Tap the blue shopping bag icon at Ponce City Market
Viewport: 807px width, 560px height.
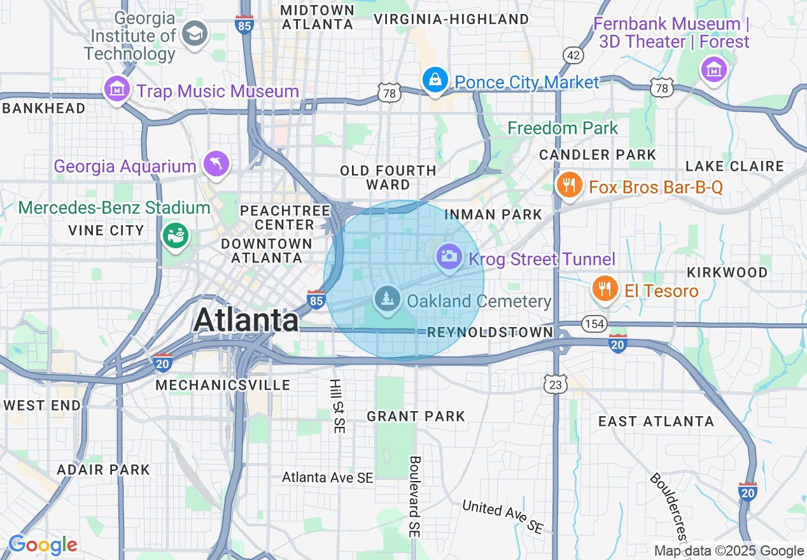point(434,81)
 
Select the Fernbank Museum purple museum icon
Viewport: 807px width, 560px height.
point(713,69)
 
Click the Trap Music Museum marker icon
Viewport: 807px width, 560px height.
point(117,89)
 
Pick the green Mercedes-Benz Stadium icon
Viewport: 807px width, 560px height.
point(175,235)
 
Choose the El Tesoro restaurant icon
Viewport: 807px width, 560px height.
point(604,290)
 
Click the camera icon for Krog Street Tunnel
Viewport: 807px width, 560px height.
point(449,257)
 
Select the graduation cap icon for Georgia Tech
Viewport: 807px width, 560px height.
point(193,34)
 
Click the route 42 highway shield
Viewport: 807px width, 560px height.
point(573,56)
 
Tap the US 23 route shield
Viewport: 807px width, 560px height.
point(556,384)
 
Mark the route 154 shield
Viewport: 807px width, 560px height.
point(594,324)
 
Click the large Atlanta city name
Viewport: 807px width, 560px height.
point(246,319)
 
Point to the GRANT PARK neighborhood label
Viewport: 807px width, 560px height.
point(416,416)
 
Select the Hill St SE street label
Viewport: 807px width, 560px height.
point(335,406)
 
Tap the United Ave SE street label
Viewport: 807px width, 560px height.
point(503,516)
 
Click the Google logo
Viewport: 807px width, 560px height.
point(43,545)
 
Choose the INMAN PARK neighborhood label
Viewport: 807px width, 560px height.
point(493,214)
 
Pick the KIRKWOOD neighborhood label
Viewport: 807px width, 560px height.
point(727,272)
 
